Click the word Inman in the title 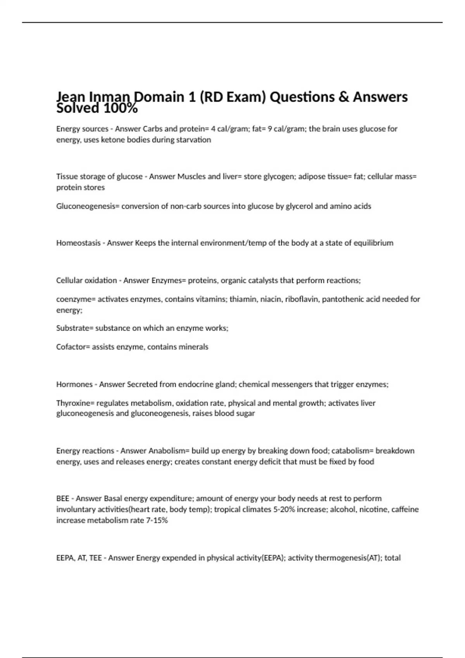[x=111, y=97]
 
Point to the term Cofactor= [x=73, y=347]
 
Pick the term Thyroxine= [x=75, y=403]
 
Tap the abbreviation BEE [x=63, y=499]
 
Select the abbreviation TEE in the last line [x=95, y=558]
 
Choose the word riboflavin [x=301, y=299]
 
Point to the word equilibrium [x=373, y=243]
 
